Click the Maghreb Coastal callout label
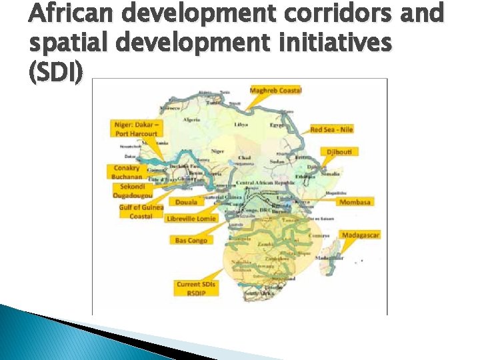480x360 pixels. point(275,90)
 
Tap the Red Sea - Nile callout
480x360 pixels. point(332,129)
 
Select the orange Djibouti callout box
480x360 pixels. point(343,152)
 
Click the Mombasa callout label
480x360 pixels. point(355,202)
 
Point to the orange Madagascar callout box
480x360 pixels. point(360,235)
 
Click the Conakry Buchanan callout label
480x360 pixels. point(127,172)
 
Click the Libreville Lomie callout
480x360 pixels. point(191,219)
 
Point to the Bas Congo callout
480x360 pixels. point(191,240)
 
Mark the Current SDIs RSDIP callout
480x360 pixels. point(196,288)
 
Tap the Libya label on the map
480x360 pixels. point(241,125)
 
